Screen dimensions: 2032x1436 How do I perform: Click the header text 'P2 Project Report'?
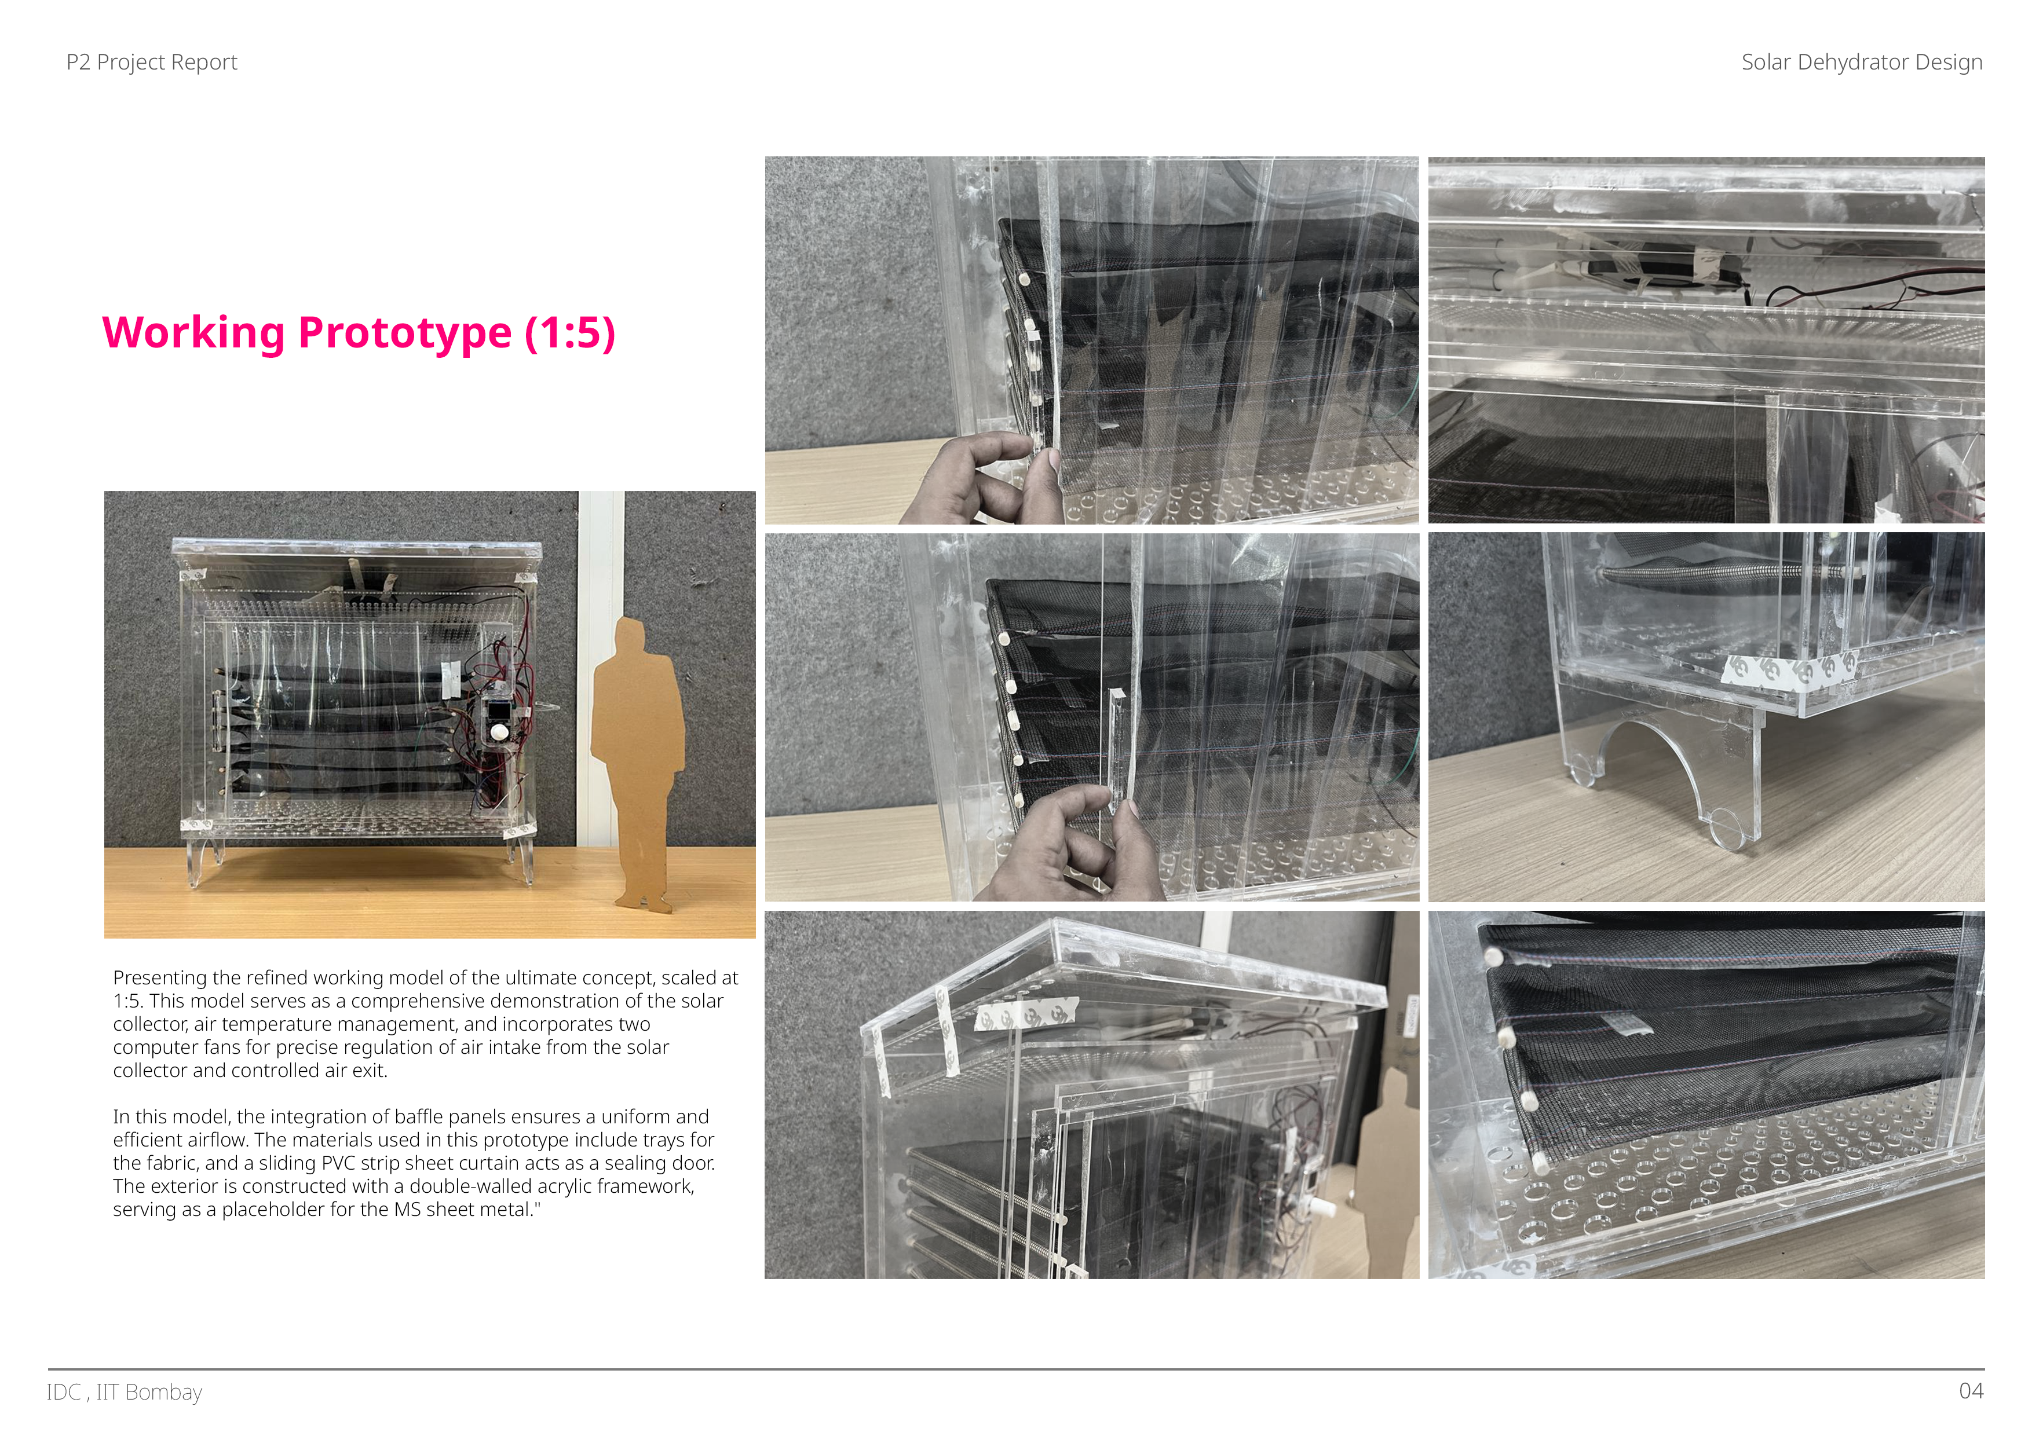[x=151, y=62]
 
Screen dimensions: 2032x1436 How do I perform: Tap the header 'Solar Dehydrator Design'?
[x=1861, y=62]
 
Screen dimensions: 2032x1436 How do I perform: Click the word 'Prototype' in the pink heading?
[x=405, y=334]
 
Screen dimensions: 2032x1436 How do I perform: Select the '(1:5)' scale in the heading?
[x=570, y=334]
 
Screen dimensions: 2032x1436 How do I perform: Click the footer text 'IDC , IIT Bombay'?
[x=125, y=1392]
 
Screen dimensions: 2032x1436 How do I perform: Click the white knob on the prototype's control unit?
[x=500, y=732]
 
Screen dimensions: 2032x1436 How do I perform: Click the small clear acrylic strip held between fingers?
[x=1116, y=748]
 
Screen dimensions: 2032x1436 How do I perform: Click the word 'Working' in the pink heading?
[x=194, y=334]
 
